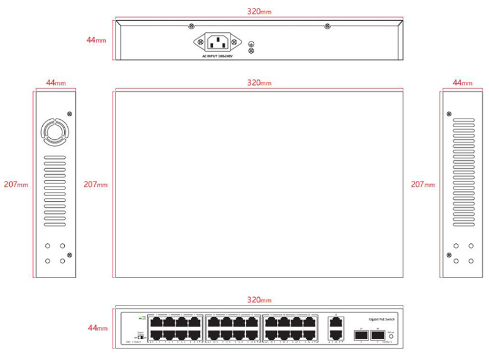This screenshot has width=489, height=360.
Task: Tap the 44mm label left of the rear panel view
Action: tap(97, 40)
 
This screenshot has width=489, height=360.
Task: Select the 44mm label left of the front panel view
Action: tap(97, 328)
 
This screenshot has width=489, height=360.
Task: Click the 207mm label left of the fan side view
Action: tap(16, 184)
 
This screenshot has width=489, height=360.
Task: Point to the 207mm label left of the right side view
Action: tap(423, 184)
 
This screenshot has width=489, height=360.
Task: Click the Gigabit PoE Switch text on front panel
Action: tap(381, 319)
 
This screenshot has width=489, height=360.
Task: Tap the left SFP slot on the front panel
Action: tap(361, 335)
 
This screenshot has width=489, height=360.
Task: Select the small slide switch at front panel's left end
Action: tap(141, 336)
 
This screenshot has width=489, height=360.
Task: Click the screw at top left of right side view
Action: tap(449, 114)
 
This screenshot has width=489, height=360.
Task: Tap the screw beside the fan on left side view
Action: tap(69, 114)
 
